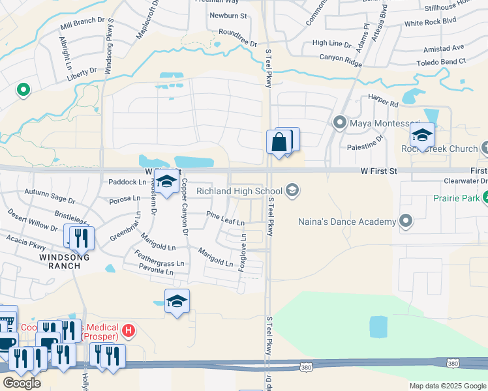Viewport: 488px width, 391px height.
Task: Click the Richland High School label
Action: click(x=239, y=191)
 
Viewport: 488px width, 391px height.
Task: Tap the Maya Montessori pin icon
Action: click(x=339, y=123)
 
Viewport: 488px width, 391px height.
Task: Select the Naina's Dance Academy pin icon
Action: click(x=406, y=222)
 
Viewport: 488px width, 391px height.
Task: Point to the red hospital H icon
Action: click(x=129, y=331)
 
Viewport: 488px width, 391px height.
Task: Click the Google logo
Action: click(x=21, y=383)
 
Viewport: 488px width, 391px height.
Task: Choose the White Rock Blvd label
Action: click(x=429, y=22)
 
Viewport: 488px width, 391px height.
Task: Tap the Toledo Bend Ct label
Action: click(x=442, y=62)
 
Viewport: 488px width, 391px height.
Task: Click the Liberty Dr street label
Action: click(x=82, y=72)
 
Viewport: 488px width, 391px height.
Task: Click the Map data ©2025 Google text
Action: click(x=448, y=386)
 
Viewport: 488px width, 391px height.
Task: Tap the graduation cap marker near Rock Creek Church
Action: click(x=422, y=136)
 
